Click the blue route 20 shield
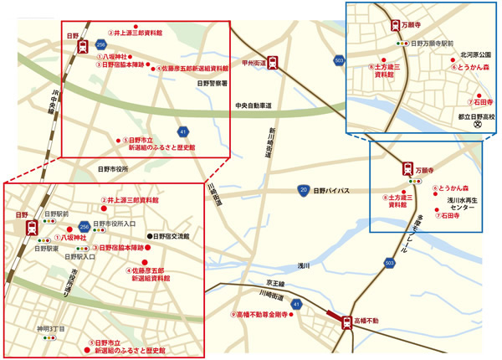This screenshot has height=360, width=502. point(302,191)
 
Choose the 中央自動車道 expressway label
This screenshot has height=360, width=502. point(254,105)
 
